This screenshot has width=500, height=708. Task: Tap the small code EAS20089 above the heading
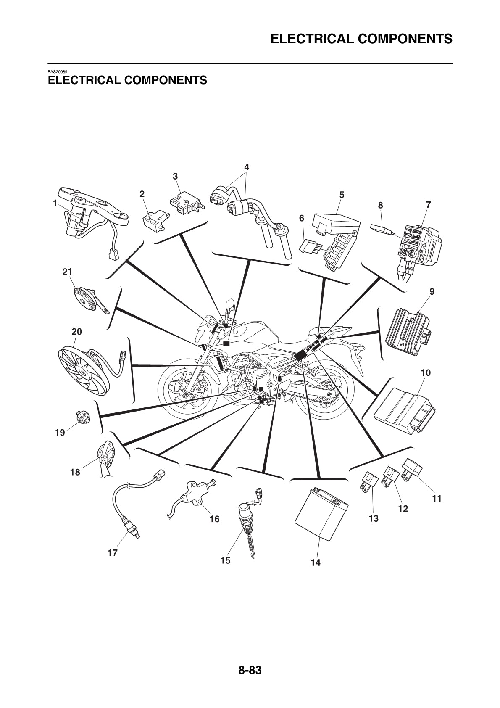tap(58, 72)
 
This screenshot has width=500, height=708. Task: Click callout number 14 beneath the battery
tap(315, 563)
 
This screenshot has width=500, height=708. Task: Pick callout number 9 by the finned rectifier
tap(432, 291)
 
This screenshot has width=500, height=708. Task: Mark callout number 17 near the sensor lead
tap(113, 552)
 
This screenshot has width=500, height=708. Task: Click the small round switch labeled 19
tap(83, 417)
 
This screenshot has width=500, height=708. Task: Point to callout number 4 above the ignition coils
tap(247, 167)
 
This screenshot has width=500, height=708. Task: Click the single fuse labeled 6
tap(310, 246)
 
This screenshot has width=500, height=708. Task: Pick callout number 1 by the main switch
tap(55, 203)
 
